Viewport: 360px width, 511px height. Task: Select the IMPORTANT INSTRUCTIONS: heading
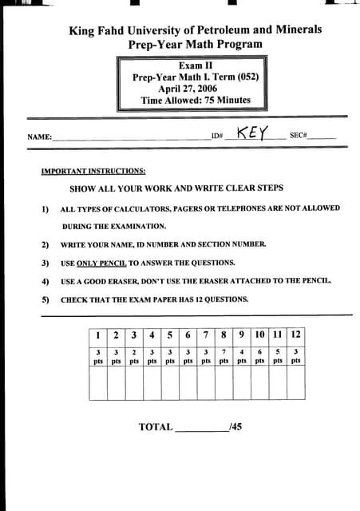[93, 171]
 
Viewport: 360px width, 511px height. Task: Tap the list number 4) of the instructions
[45, 281]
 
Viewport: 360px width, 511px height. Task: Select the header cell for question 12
[295, 335]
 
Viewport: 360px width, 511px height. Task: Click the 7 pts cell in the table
[224, 355]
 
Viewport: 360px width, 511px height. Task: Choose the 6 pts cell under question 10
[259, 355]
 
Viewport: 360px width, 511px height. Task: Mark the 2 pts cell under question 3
[133, 355]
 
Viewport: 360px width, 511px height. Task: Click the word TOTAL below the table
[156, 427]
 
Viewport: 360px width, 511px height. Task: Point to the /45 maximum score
[235, 427]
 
